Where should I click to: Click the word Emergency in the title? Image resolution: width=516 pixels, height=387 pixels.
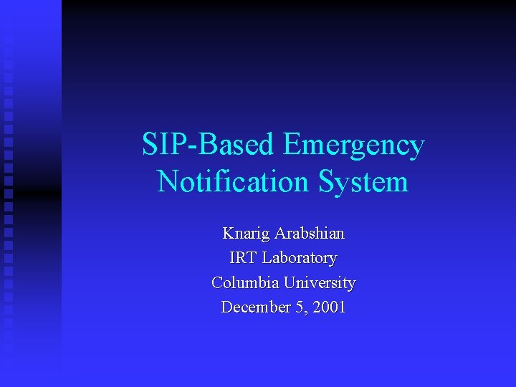coord(354,145)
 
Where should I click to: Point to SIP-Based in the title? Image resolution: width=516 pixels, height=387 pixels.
coord(208,145)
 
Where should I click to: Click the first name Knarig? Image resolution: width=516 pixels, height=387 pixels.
coord(245,234)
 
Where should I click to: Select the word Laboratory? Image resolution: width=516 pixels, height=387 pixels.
coord(300,258)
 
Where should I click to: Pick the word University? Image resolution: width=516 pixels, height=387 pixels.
coord(320,282)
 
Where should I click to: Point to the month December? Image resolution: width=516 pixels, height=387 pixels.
coord(253,307)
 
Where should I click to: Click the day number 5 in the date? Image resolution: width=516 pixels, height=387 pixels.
coord(293,307)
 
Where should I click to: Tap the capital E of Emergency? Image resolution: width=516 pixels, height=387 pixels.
coord(292,145)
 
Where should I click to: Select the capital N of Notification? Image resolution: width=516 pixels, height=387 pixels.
coord(167,182)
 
